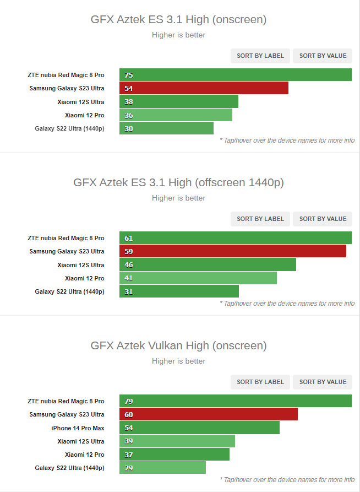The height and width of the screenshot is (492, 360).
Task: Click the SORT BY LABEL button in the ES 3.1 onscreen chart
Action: pos(260,56)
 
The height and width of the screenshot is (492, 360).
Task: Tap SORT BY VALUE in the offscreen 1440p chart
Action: pos(323,219)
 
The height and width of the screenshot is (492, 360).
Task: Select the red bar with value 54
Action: pos(204,88)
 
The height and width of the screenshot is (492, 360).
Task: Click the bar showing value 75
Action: pos(236,75)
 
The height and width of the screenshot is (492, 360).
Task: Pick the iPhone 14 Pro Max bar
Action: pos(199,428)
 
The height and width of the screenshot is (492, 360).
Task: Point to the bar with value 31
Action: pos(179,291)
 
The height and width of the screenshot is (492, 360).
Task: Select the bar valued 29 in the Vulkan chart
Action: pos(162,468)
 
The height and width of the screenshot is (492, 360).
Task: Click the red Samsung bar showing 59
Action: pos(232,251)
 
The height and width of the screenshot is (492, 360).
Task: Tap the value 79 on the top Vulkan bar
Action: pos(129,402)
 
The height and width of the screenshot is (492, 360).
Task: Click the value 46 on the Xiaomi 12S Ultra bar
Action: pos(129,265)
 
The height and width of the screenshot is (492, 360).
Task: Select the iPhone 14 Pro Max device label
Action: pos(78,428)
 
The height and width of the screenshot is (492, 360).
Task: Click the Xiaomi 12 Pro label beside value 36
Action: pos(84,115)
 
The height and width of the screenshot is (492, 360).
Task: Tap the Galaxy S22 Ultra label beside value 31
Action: pos(69,291)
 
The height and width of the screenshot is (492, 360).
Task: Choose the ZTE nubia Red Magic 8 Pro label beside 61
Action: pos(66,238)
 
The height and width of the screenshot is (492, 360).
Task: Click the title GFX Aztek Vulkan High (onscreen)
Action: pos(178,345)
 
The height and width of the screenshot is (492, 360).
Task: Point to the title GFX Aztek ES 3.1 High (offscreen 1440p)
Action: pos(178,182)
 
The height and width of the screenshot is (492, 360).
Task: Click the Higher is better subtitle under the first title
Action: pos(178,35)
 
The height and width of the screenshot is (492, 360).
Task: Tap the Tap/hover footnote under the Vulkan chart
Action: pos(287,479)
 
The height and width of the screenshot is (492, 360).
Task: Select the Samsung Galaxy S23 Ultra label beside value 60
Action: pos(67,414)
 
